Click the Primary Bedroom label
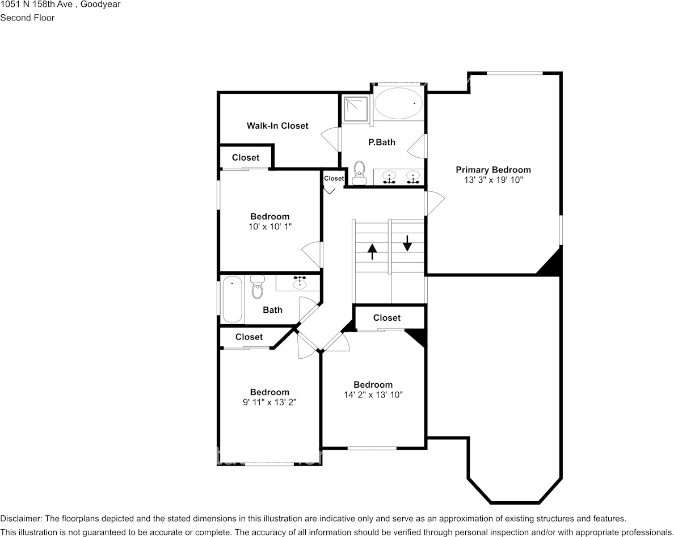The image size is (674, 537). pos(493,170)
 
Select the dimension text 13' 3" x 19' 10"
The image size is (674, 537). pos(493,180)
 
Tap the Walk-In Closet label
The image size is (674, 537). pos(277,125)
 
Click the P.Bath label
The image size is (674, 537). pos(382,142)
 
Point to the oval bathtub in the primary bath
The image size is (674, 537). pos(399,103)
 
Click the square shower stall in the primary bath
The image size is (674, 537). pos(356,108)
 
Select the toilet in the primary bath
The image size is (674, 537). pos(359,174)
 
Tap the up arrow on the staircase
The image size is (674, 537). pos(372,251)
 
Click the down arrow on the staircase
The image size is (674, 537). pos(407,242)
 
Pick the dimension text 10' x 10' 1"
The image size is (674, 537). pos(270,226)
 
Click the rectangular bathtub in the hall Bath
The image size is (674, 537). pos(232,299)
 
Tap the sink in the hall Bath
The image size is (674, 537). pos(299,283)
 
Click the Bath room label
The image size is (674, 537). pos(272,310)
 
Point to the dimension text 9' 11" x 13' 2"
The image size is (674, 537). pos(269,402)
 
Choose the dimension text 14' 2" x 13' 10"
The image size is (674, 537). pos(373,395)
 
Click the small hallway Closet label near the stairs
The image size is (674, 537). pos(334,178)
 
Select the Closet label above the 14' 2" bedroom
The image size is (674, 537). pos(386,318)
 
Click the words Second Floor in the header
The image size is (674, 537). pos(27,18)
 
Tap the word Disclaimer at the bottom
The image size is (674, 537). pos(20,518)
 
